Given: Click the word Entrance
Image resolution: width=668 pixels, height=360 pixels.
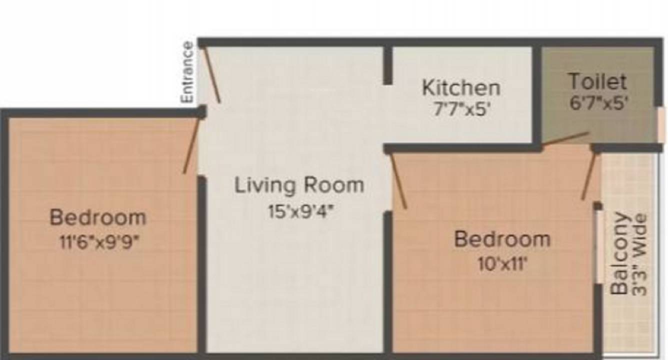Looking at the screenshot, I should [x=187, y=72].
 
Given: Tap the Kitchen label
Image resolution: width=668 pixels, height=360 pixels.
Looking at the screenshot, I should [x=460, y=87].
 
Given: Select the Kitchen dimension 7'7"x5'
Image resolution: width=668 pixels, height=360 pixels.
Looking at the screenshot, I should [x=460, y=109].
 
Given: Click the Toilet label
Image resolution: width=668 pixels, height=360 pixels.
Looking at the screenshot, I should [x=597, y=81].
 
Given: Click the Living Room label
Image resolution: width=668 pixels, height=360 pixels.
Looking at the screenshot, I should [x=299, y=185].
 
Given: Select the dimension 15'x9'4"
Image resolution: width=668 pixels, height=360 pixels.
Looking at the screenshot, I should [x=300, y=211].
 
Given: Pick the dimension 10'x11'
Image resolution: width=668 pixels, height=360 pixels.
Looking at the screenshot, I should [x=502, y=263].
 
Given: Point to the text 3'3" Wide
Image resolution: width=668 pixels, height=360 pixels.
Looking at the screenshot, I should [x=640, y=254].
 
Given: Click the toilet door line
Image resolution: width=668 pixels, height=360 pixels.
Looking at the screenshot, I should [x=565, y=138].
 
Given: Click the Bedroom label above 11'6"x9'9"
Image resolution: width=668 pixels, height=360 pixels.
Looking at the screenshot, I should [x=98, y=218].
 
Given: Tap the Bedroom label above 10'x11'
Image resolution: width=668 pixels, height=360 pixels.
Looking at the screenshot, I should [x=502, y=239].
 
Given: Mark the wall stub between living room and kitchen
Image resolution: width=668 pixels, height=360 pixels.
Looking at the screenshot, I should [x=387, y=65].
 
